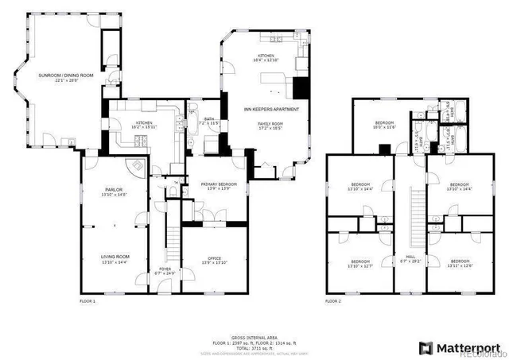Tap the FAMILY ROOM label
[x=270, y=126]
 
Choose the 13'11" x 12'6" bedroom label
[x=460, y=263]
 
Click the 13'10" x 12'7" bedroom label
[x=360, y=263]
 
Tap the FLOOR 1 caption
[x=87, y=302]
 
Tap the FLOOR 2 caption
[x=333, y=302]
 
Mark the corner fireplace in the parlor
[x=138, y=166]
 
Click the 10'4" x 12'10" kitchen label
[x=266, y=57]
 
